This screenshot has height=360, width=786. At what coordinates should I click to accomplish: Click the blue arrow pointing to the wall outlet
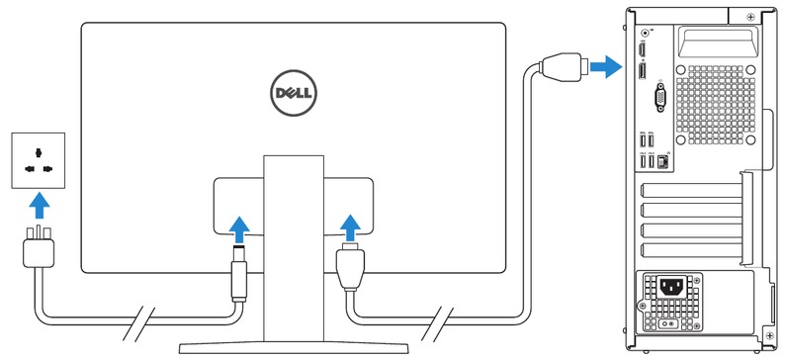tap(38, 206)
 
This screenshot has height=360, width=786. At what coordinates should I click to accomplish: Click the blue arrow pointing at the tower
tap(605, 66)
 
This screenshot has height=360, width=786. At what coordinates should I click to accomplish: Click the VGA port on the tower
tap(659, 98)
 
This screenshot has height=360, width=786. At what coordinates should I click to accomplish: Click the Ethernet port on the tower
tap(662, 158)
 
